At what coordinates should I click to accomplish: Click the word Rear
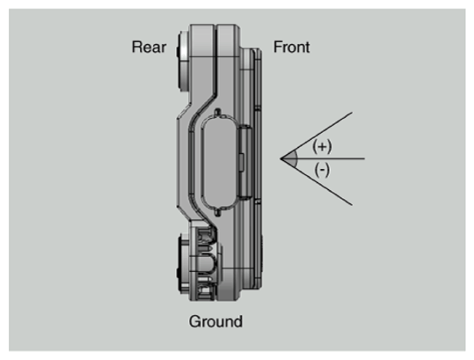pyautogui.click(x=149, y=48)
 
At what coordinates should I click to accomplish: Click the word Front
pyautogui.click(x=291, y=48)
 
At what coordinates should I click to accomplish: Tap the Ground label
pyautogui.click(x=215, y=321)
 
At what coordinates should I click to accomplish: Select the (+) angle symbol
pyautogui.click(x=322, y=146)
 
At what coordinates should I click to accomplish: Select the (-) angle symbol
pyautogui.click(x=322, y=170)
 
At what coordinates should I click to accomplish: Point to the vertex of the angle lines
pyautogui.click(x=281, y=158)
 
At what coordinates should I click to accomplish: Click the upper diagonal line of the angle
pyautogui.click(x=317, y=136)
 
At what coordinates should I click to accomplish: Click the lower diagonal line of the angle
pyautogui.click(x=317, y=182)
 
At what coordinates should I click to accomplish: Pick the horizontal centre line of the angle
pyautogui.click(x=323, y=158)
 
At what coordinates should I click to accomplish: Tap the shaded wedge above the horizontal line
pyautogui.click(x=292, y=155)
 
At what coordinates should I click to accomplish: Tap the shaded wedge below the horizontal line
pyautogui.click(x=292, y=162)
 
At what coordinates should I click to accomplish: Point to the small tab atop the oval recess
pyautogui.click(x=217, y=112)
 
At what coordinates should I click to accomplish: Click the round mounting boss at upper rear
pyautogui.click(x=183, y=61)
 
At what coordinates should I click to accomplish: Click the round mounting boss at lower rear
pyautogui.click(x=184, y=264)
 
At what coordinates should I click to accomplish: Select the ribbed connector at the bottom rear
pyautogui.click(x=204, y=261)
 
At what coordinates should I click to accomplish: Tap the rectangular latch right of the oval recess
pyautogui.click(x=245, y=162)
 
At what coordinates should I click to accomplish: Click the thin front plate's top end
pyautogui.click(x=257, y=50)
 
